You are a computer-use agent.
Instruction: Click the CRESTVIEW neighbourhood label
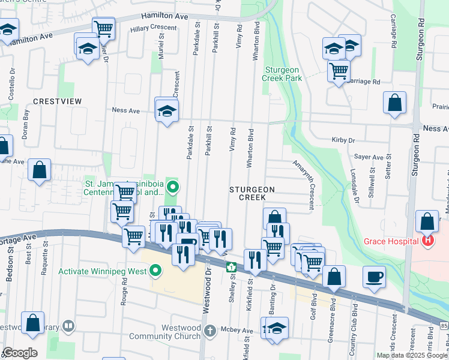(57, 101)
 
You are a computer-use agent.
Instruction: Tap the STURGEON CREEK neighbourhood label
(252, 193)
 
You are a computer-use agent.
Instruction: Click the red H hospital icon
(428, 241)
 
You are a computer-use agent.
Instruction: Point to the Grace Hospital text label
(391, 241)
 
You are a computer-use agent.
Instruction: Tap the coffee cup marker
(375, 277)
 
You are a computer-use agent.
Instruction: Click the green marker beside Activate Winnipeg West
(156, 271)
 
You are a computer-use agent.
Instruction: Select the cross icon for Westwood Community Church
(209, 331)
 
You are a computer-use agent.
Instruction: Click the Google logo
(19, 353)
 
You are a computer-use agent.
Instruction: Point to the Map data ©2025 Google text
(411, 355)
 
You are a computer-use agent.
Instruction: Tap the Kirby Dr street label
(344, 140)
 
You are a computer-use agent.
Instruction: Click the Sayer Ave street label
(369, 157)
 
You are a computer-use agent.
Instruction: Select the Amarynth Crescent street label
(303, 185)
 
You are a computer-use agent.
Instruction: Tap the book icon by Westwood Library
(68, 326)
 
